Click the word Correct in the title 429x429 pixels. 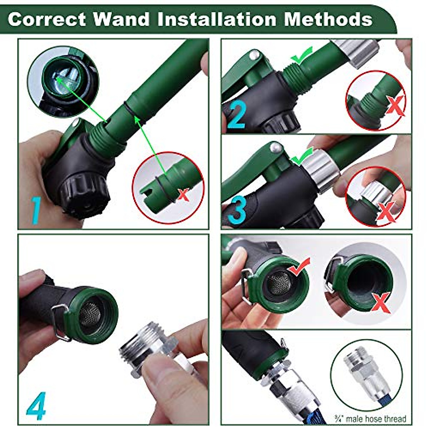coord(46,19)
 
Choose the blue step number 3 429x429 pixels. coord(237,211)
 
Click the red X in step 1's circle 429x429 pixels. coord(183,195)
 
